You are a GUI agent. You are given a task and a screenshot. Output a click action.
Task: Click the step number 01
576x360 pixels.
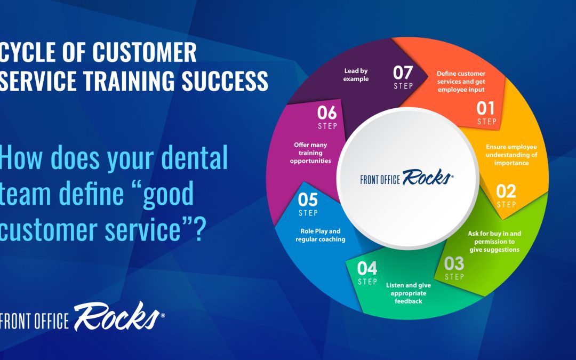coord(486,108)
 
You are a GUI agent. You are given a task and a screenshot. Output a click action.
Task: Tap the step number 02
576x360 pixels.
coord(506,191)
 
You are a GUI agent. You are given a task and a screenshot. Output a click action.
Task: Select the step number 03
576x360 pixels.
coord(454,263)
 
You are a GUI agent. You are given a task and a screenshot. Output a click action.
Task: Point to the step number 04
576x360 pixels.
coord(367,268)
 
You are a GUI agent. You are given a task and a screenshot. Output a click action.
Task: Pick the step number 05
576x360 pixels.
coord(308,200)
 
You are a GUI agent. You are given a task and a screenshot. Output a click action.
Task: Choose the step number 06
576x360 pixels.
coord(327,113)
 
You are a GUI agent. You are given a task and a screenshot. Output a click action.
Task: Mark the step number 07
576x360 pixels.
coord(403,73)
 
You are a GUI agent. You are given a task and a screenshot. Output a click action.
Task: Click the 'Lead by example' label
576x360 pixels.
coord(356,75)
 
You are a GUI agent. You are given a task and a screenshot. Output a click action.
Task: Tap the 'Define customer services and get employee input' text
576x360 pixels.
coord(461,82)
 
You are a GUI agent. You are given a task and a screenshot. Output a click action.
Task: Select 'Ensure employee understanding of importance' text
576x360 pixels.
coord(511,155)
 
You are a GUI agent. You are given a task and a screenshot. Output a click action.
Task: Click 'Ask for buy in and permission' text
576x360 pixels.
coord(494,237)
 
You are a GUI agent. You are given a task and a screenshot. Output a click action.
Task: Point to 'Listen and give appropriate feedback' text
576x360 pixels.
coord(409,293)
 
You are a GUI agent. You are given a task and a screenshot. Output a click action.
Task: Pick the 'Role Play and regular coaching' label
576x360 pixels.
coord(321,235)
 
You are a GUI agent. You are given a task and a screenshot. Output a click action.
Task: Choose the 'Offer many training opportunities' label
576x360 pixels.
coord(310,153)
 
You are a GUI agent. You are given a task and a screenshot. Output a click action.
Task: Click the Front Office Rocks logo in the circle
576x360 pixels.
coord(406,178)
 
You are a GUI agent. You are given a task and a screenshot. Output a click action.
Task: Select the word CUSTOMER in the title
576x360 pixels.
coord(145,52)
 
